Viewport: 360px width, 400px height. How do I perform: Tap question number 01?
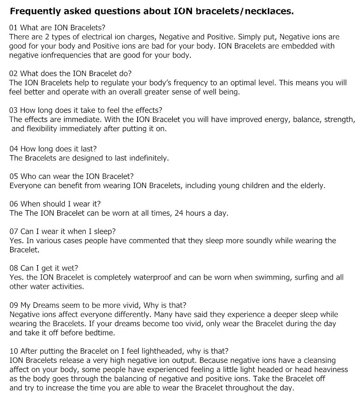14,28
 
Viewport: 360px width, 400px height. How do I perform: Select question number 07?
14,231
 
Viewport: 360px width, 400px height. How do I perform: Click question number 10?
14,351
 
